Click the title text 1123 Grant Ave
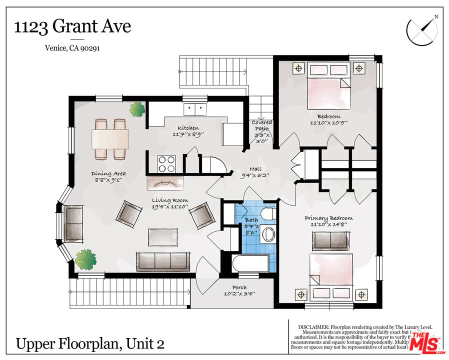(x=72, y=26)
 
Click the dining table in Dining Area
(x=110, y=137)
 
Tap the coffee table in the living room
(x=162, y=236)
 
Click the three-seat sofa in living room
(x=162, y=260)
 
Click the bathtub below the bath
(x=250, y=263)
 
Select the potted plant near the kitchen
(x=136, y=109)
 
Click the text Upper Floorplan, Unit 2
(x=90, y=344)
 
